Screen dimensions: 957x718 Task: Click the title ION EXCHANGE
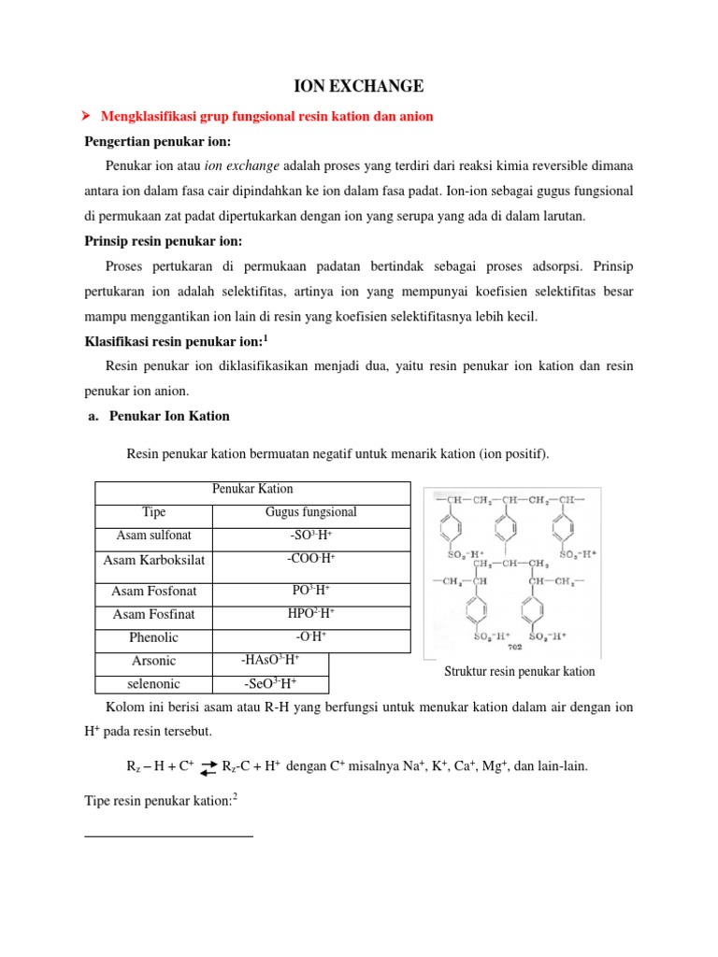point(359,87)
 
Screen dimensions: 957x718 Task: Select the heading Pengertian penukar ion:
point(157,141)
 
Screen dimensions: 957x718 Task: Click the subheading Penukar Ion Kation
point(169,415)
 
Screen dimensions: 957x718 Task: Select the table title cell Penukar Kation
point(252,489)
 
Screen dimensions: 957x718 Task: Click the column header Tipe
point(153,512)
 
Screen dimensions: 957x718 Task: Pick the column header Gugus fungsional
point(311,512)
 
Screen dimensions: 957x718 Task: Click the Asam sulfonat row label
point(153,536)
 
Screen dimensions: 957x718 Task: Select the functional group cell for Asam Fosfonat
point(311,591)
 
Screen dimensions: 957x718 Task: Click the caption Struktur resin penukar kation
point(520,671)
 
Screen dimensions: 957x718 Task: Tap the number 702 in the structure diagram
point(513,646)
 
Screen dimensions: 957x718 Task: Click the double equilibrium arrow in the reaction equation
point(209,767)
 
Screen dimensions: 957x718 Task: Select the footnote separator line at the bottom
point(168,836)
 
